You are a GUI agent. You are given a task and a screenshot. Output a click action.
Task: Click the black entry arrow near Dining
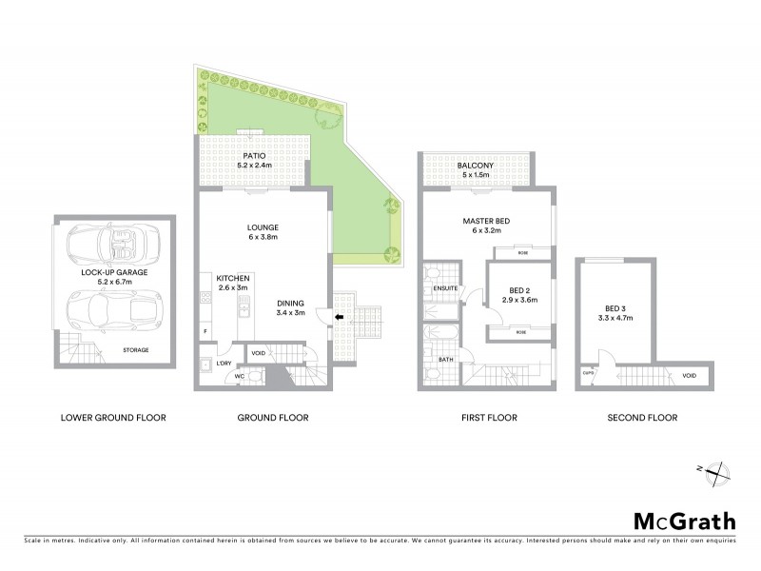[x=340, y=318]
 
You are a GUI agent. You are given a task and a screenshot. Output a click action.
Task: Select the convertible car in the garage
[x=111, y=249]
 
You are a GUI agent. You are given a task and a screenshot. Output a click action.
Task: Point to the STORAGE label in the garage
[x=136, y=350]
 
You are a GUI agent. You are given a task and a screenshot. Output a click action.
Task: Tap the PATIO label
[x=252, y=155]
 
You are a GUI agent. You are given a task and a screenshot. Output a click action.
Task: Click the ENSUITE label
[x=445, y=288]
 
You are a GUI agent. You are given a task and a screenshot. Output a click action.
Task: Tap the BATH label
[x=445, y=359]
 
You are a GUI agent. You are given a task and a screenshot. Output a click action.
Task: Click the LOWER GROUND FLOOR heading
[x=113, y=417]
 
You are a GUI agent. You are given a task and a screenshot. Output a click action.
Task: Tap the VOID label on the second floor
[x=689, y=376]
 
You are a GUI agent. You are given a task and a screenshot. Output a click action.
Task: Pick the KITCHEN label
[x=233, y=277]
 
